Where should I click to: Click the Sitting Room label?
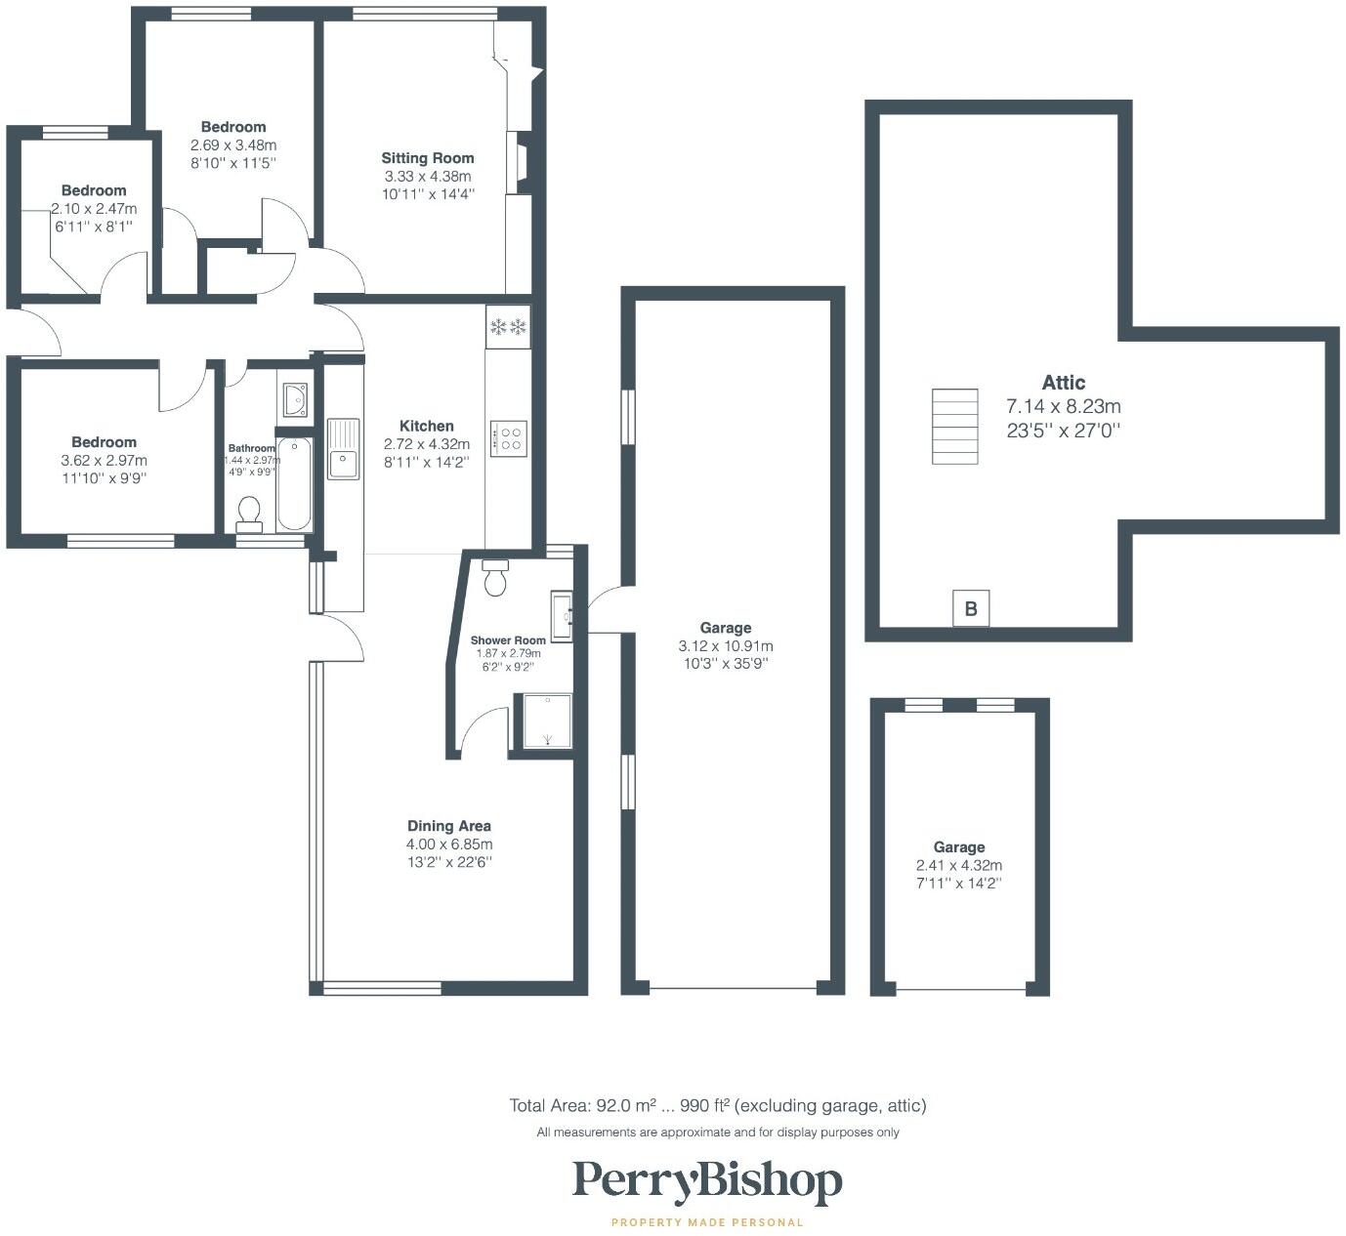click(x=428, y=158)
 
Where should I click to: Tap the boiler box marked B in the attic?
click(x=971, y=608)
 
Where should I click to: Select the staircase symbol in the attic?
click(x=954, y=427)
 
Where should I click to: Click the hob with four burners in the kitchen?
click(x=508, y=437)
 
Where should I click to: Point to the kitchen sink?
click(x=343, y=450)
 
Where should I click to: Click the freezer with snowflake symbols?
click(x=508, y=326)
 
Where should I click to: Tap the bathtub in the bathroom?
click(x=294, y=485)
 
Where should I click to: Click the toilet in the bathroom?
click(x=249, y=513)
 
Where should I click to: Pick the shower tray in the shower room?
click(x=547, y=721)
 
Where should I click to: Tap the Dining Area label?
click(x=449, y=826)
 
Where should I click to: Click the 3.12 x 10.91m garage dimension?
click(x=726, y=646)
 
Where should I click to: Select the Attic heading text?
click(x=1064, y=383)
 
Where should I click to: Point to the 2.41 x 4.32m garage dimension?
click(x=959, y=865)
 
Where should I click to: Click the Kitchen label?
click(x=427, y=426)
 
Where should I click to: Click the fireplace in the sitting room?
click(x=517, y=161)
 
